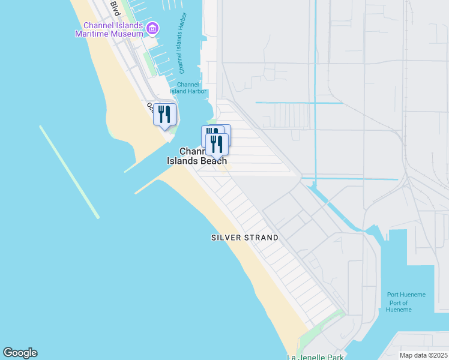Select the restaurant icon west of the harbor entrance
164,114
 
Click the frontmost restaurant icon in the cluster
217,143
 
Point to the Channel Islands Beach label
196,156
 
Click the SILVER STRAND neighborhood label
245,238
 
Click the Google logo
20,353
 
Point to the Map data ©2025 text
423,355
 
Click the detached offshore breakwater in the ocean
69,172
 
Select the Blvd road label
114,8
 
